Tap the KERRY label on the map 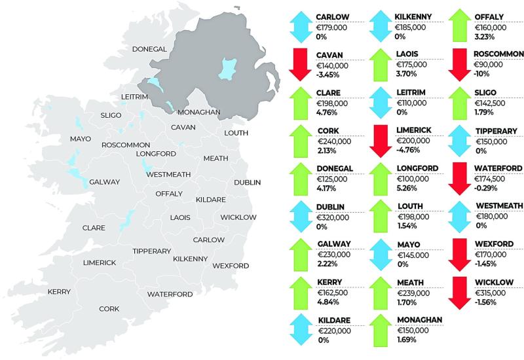tap(59, 291)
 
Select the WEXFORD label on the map tap(231, 265)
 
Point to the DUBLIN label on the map tap(248, 181)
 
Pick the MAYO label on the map tap(81, 139)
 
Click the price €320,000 tap(333, 217)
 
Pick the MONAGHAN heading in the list tap(420, 319)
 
